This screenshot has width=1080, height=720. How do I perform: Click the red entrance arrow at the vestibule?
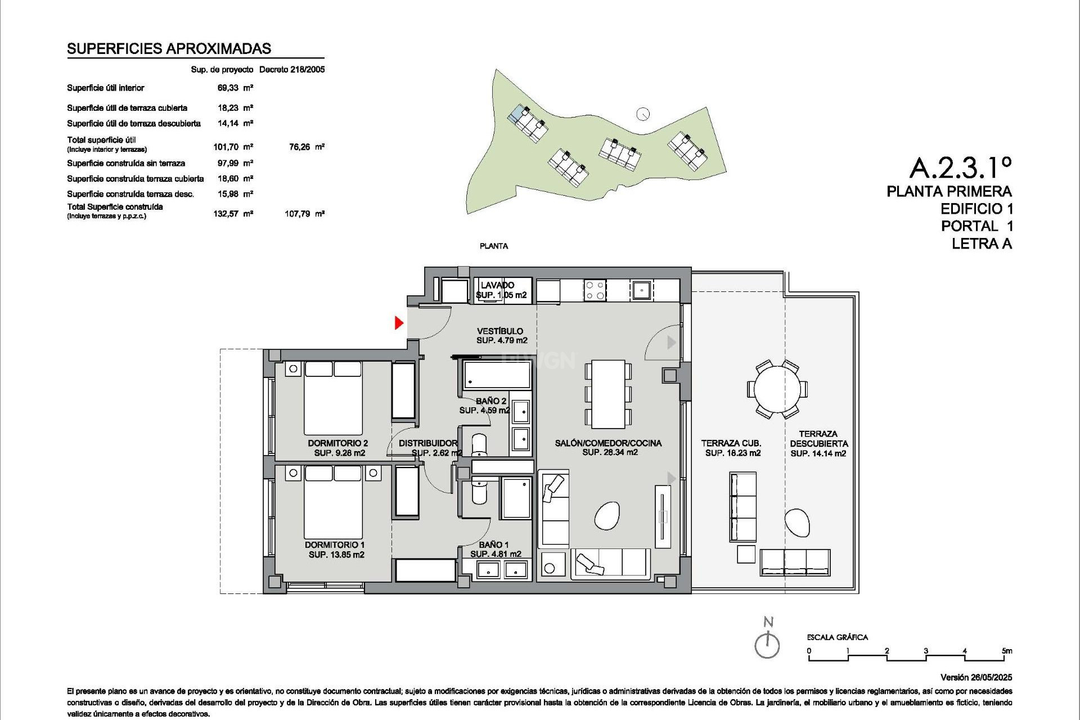point(399,323)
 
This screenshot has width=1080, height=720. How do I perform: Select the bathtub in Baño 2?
point(497,375)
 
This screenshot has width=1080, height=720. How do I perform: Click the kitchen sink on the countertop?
point(641,290)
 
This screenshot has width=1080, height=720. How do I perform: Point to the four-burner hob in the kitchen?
point(595,290)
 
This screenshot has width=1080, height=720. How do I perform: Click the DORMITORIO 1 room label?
point(335,544)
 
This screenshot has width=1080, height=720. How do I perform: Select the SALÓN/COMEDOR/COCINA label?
point(608,443)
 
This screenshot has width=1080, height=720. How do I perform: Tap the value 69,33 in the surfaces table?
point(228,88)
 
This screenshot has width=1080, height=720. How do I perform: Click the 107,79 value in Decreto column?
point(297,214)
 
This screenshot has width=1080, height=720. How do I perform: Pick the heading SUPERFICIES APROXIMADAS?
point(169,49)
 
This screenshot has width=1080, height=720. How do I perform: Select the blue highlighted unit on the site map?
point(516,114)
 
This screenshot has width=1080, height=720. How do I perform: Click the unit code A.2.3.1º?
point(960,167)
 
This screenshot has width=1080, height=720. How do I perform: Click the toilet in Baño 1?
point(480,490)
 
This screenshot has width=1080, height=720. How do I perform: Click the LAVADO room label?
point(497,285)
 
